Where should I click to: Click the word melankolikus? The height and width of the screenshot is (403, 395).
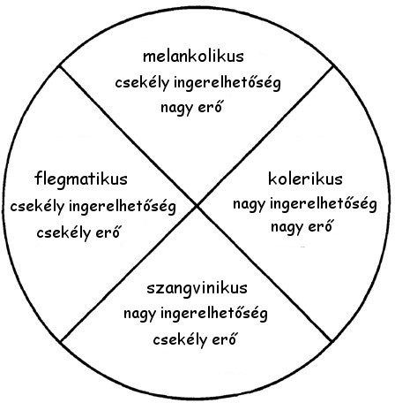193,57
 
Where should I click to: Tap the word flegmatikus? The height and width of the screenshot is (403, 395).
81,179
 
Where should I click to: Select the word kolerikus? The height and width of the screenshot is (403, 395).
305,179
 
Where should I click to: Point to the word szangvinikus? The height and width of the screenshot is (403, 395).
197,288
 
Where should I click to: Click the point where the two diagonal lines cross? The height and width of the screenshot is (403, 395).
197,206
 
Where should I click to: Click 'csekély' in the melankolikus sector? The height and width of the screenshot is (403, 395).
142,83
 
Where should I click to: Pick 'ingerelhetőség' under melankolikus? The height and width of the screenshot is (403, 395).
227,83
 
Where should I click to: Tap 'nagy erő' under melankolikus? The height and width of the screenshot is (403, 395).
191,108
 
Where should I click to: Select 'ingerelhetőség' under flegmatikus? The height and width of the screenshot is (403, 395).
123,207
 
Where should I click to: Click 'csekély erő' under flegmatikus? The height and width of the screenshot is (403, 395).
78,232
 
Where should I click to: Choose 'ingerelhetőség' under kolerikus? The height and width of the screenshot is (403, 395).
324,204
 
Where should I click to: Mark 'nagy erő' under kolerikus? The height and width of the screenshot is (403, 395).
302,227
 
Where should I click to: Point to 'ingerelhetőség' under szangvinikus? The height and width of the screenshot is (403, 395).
214,314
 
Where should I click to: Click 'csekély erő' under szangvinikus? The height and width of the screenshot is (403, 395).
195,339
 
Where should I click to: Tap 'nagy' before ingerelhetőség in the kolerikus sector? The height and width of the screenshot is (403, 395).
250,205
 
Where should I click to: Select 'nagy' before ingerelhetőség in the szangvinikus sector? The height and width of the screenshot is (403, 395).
140,314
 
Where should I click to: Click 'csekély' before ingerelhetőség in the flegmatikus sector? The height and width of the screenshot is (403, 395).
37,207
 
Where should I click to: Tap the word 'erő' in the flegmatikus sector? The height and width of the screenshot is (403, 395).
108,232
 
